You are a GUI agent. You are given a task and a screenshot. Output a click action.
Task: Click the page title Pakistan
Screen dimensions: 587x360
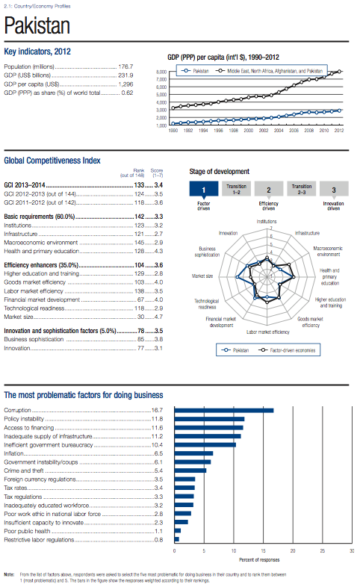click(x=37, y=27)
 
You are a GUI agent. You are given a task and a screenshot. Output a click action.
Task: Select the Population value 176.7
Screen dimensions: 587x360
click(x=125, y=66)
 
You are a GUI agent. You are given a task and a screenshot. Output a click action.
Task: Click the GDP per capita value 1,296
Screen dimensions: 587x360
click(x=125, y=84)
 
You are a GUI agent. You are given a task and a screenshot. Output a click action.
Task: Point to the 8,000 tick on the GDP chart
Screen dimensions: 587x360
click(x=160, y=72)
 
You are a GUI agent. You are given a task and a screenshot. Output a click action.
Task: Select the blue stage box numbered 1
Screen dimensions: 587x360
click(x=203, y=190)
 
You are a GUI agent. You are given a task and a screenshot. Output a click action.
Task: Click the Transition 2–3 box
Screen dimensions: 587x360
click(x=302, y=190)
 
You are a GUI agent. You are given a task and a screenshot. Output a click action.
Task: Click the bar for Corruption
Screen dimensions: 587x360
click(x=223, y=410)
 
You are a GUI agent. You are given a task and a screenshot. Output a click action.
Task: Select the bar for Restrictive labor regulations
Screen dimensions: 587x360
click(x=176, y=538)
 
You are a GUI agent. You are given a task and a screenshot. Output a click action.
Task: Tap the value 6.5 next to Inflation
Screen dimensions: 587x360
click(x=158, y=453)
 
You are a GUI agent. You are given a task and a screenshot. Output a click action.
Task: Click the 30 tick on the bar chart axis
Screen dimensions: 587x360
click(x=352, y=550)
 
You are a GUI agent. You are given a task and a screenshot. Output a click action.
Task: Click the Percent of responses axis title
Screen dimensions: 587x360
click(x=258, y=559)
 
